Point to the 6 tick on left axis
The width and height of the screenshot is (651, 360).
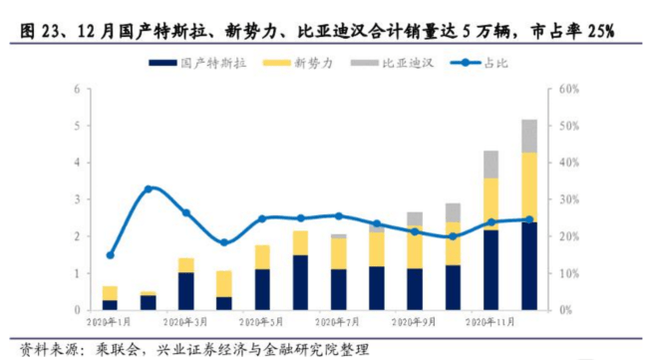77,90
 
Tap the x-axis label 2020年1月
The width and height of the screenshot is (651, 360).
110,322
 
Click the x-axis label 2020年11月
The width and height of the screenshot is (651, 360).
488,322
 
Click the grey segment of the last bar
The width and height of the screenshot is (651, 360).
529,136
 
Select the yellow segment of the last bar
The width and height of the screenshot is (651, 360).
529,186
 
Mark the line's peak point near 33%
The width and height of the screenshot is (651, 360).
149,188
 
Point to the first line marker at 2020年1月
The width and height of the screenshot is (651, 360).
110,255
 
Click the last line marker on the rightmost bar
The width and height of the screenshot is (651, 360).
529,219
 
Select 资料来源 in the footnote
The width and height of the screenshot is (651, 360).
39,349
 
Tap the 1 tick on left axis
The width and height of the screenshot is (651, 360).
77,273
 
